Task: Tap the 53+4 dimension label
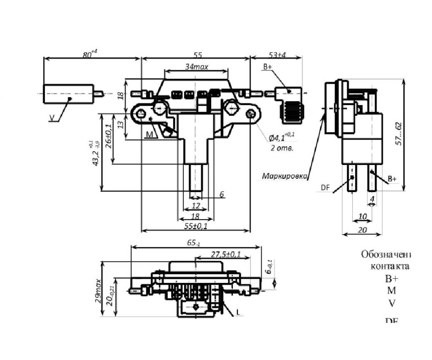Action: (x=280, y=55)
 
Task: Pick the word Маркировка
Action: (x=285, y=176)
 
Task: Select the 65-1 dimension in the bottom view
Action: (x=194, y=243)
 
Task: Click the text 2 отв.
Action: (x=282, y=148)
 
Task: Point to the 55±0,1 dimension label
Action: (x=196, y=226)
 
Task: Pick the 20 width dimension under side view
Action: (x=362, y=230)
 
